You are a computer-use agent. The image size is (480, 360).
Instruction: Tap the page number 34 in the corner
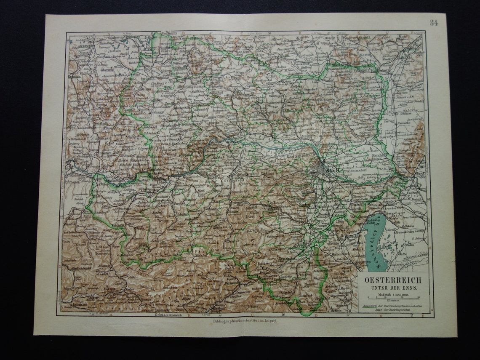tap(434, 23)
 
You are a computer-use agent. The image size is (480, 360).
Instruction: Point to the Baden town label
tap(305, 204)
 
